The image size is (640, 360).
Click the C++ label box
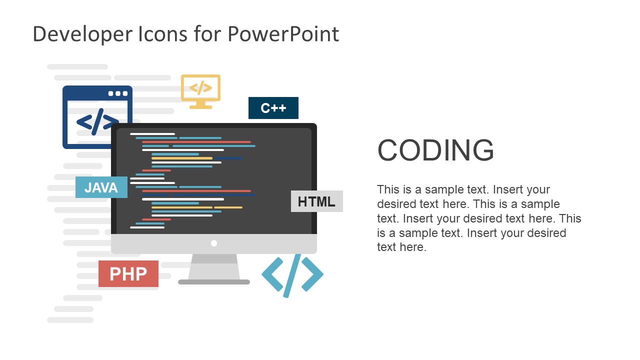pos(273,108)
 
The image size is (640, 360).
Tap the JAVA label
pos(101,187)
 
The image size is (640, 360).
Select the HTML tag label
pos(316,201)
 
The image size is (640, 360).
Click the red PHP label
pos(128,274)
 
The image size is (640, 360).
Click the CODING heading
pos(435,150)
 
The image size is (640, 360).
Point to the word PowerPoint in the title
pos(283,34)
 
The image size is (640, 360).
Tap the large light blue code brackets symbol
pos(292,274)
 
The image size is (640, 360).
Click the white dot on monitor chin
pos(214,243)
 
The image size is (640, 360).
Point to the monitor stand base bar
pos(214,282)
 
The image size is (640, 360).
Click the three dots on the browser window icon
pos(118,93)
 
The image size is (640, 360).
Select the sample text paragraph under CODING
pos(478,218)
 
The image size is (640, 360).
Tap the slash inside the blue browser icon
pos(97,121)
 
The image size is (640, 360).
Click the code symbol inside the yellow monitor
pos(200,88)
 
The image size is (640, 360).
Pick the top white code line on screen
pos(152,134)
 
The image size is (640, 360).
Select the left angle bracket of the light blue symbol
pos(271,274)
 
